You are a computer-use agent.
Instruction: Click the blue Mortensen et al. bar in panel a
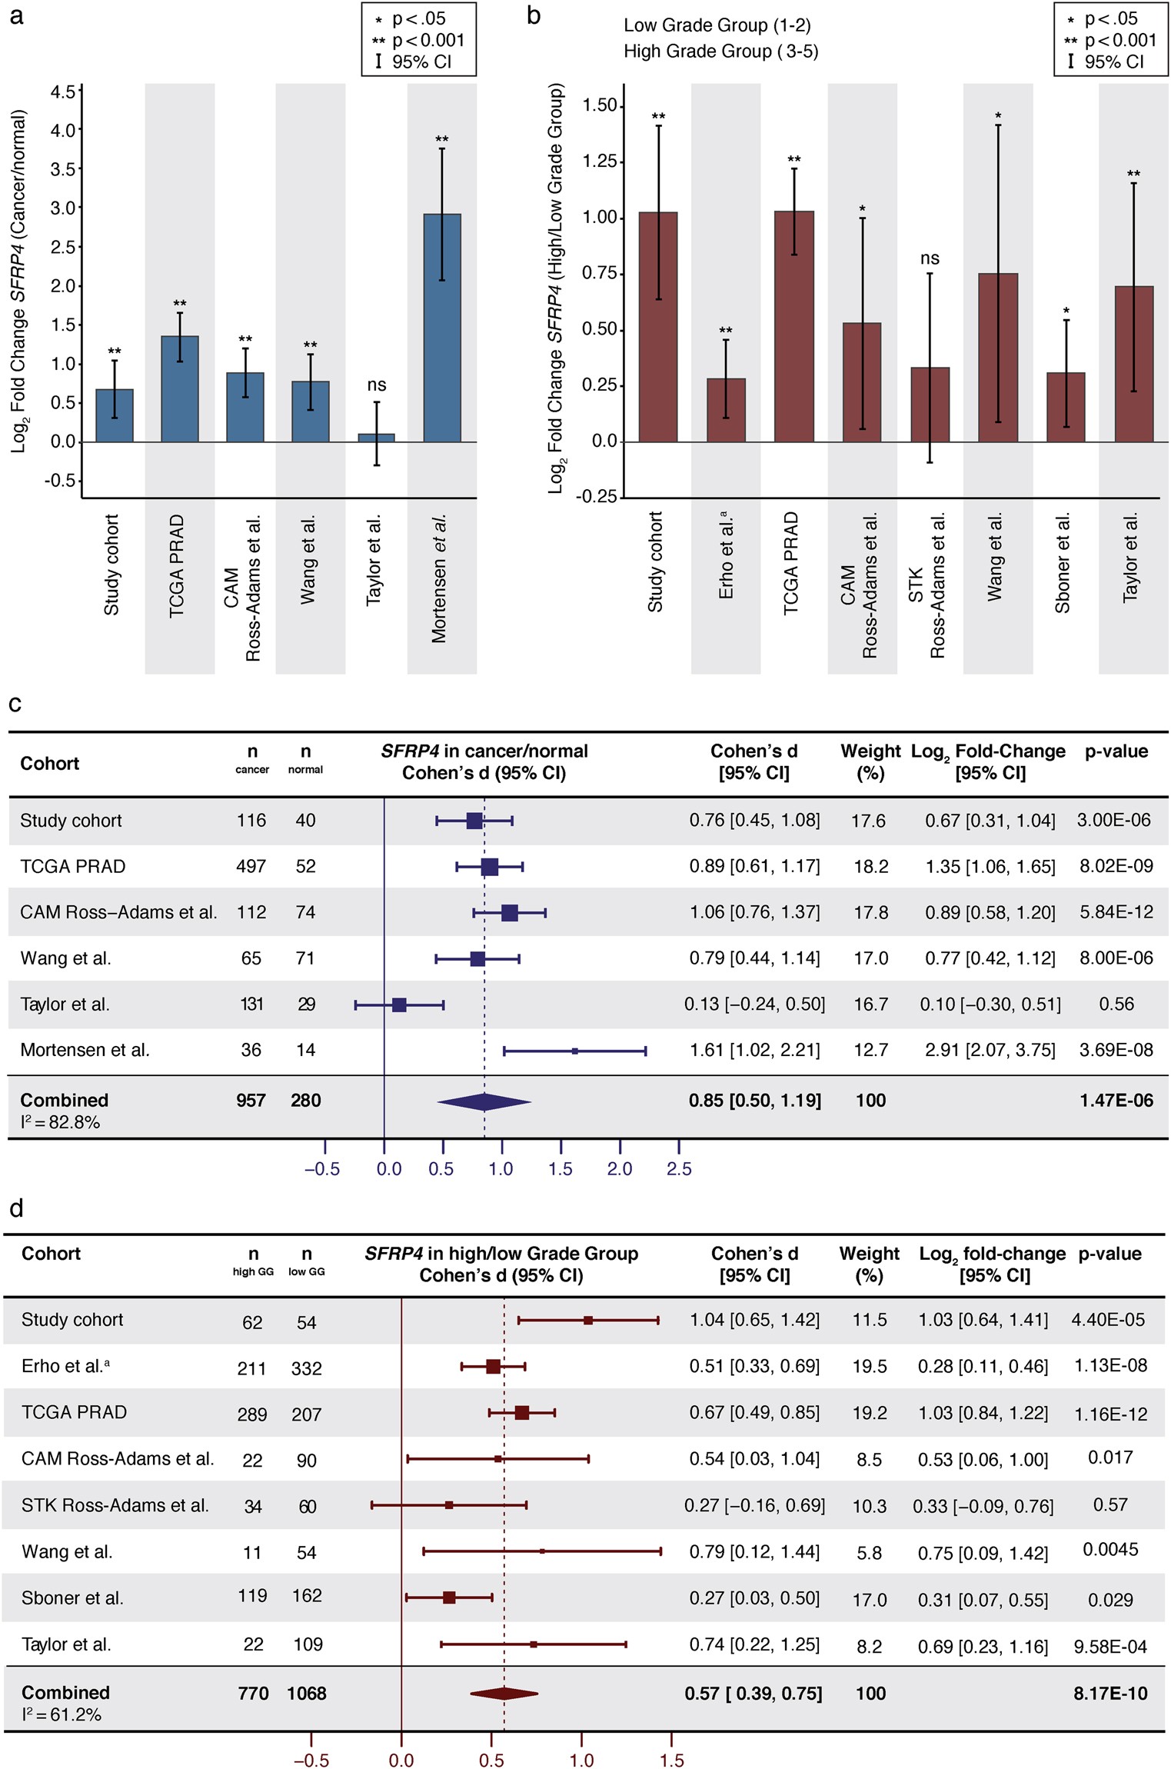pos(442,328)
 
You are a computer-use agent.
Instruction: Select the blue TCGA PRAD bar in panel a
pos(180,388)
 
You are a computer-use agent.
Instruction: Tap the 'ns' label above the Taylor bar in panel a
pos(376,385)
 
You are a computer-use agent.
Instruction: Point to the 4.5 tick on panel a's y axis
pos(63,92)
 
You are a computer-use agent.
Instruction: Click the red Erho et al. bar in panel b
pos(726,410)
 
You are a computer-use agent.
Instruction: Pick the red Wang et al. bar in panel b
pos(998,358)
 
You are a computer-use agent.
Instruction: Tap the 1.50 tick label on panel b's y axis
pos(600,105)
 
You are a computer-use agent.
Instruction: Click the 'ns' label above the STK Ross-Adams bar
pos(930,259)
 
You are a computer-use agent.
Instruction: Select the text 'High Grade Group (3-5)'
pos(720,52)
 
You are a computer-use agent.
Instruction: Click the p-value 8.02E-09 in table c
pos(1116,866)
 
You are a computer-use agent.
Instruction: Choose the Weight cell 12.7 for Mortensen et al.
pos(870,1050)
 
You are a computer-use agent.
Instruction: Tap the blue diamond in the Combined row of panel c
pos(484,1101)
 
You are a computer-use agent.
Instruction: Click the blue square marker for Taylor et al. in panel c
pos(399,1004)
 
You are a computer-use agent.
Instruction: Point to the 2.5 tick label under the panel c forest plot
pos(679,1169)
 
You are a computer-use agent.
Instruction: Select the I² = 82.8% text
pos(60,1122)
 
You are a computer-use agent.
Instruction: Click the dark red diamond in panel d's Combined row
pos(504,1693)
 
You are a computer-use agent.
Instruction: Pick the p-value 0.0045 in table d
pos(1110,1550)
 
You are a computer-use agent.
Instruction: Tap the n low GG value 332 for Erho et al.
pos(306,1368)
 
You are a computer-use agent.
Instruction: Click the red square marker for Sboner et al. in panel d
pos(449,1597)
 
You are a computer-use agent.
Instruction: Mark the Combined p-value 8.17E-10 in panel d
pos(1110,1693)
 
